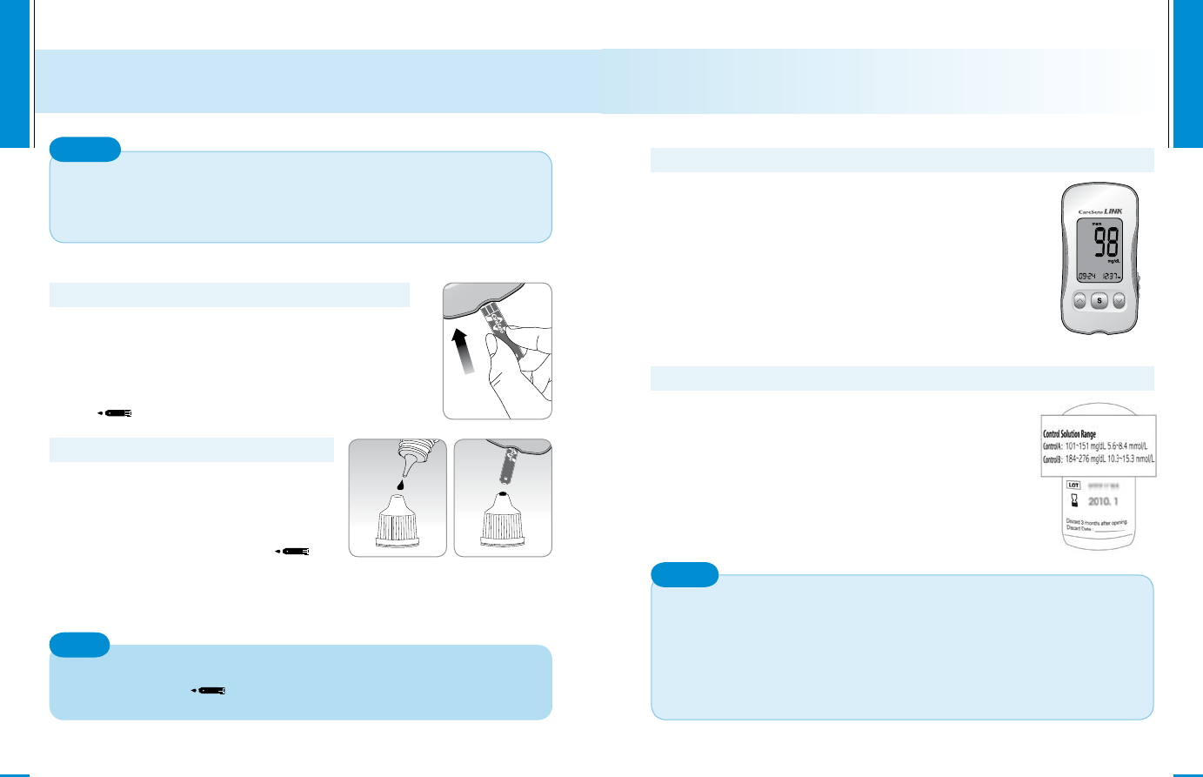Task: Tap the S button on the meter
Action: (1099, 301)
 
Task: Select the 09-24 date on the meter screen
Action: (1086, 276)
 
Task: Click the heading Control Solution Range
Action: (1069, 433)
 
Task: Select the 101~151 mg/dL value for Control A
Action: (1088, 446)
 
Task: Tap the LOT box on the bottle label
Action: (1074, 486)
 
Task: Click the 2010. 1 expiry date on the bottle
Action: (1103, 502)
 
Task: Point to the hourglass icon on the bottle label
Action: (1074, 501)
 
